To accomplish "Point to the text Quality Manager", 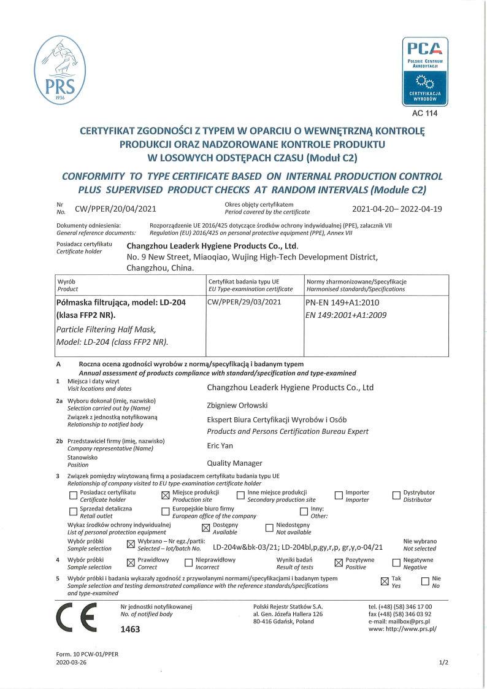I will pos(235,463).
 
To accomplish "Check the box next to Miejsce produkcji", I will pos(164,496).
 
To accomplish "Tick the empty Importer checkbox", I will pos(338,496).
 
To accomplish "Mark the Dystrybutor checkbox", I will pos(396,496).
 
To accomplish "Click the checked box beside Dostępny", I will pos(205,528).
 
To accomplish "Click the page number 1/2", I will pos(443,663).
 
